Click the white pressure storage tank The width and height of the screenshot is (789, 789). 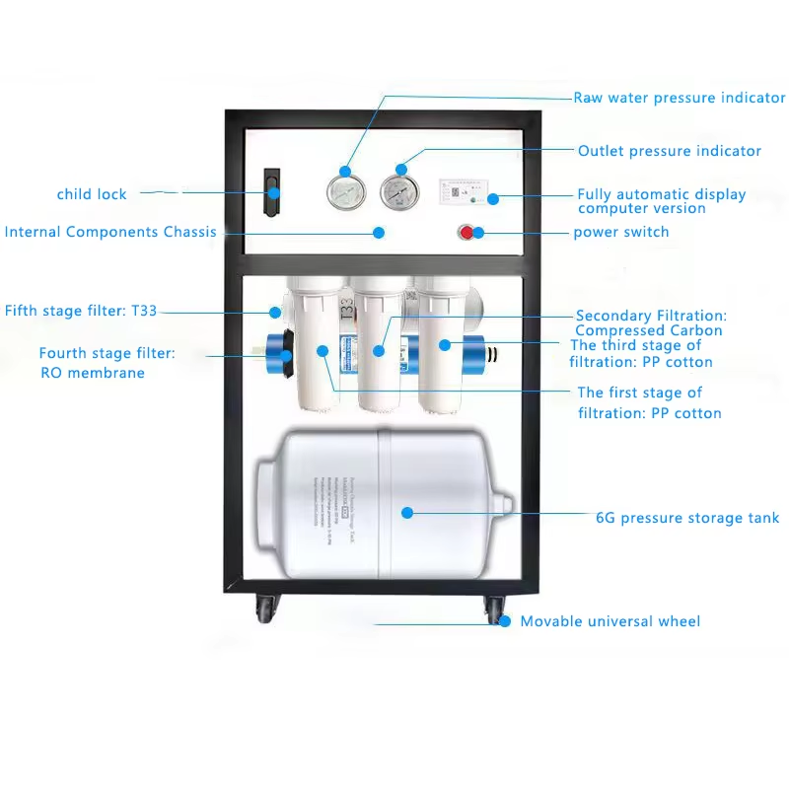tap(380, 503)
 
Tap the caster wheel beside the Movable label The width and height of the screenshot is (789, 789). tap(493, 610)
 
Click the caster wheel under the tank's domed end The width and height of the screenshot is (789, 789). tap(266, 609)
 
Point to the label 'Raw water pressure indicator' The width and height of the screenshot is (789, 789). tap(680, 98)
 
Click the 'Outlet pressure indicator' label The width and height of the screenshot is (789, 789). tap(670, 151)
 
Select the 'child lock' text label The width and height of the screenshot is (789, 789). tap(92, 194)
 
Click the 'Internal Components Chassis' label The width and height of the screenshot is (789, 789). tap(110, 232)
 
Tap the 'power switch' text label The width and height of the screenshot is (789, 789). tap(621, 232)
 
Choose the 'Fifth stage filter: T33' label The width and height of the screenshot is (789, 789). tap(81, 311)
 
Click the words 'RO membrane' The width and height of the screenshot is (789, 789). tap(93, 373)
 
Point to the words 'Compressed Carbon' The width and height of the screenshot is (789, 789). tap(649, 330)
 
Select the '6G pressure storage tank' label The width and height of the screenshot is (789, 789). tap(687, 518)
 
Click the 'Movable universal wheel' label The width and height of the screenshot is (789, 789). tap(610, 621)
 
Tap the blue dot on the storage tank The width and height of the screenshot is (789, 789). tap(406, 512)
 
